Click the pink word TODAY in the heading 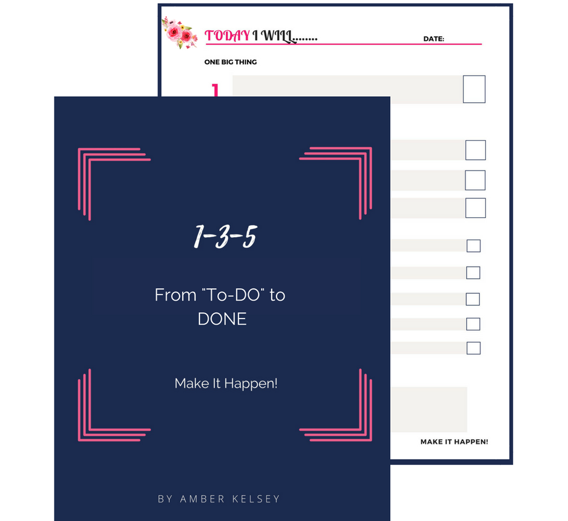(x=227, y=36)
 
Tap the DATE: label (x=433, y=39)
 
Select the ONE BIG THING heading (x=230, y=62)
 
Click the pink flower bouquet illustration (x=179, y=32)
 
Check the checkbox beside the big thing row (x=474, y=89)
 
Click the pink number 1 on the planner (x=215, y=90)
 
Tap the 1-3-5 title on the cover (x=225, y=236)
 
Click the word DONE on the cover (x=222, y=319)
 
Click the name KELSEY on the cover (x=256, y=499)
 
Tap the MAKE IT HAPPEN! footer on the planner (x=454, y=441)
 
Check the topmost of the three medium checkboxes (x=475, y=150)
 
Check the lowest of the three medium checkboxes (x=475, y=208)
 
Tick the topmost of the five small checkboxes (x=474, y=246)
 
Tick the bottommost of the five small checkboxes (x=474, y=348)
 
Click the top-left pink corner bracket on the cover (x=84, y=154)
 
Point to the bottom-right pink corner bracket (x=366, y=435)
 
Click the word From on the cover (x=175, y=295)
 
